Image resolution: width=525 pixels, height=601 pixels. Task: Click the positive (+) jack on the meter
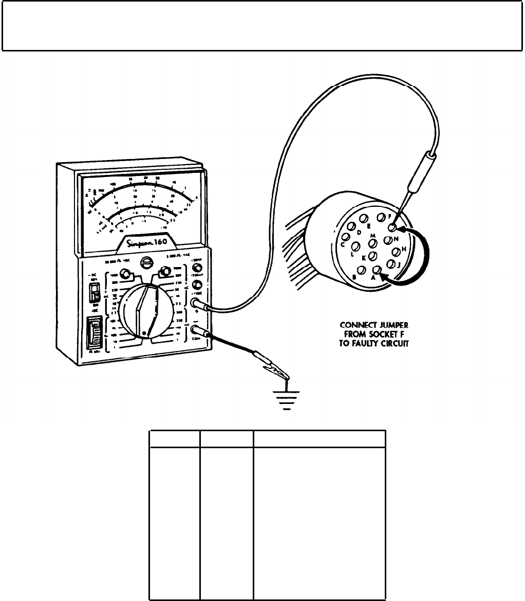196,304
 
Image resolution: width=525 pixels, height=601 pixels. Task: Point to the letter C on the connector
343,244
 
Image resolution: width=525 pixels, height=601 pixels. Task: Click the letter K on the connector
363,257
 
